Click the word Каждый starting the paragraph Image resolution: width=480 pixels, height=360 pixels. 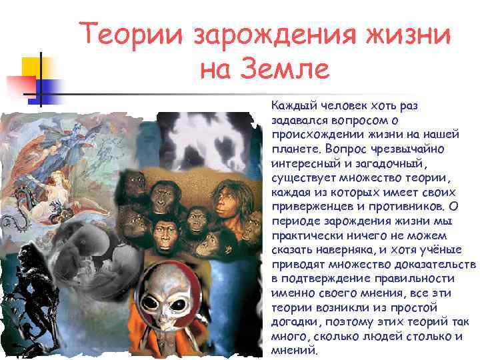(x=291, y=106)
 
